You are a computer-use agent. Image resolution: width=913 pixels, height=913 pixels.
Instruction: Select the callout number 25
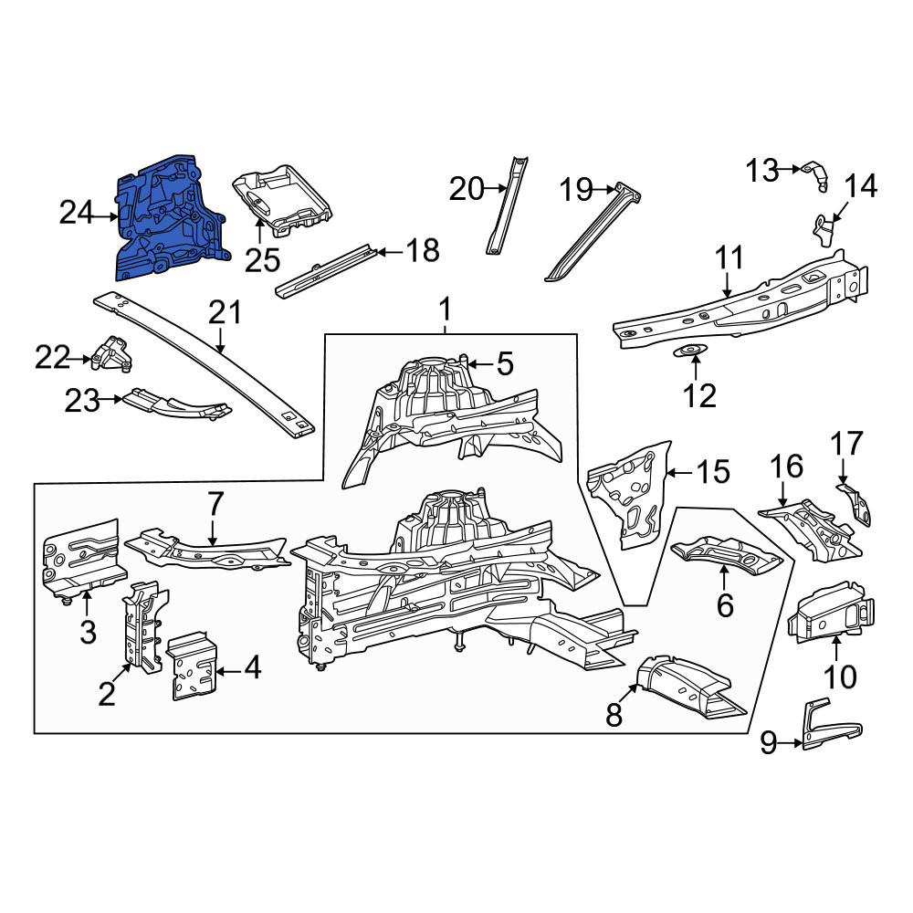262,259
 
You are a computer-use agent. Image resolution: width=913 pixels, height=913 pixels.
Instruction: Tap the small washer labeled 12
690,351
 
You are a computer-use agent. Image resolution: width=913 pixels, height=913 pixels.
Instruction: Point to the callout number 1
445,310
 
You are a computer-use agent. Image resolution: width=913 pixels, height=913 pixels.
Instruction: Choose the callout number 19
576,190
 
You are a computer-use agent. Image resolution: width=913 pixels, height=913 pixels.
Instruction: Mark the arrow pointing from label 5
480,364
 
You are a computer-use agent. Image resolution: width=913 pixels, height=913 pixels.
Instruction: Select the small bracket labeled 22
111,353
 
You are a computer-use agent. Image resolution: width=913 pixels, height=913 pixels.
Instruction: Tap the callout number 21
225,312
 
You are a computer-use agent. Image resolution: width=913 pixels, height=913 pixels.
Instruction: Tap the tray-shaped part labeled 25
283,201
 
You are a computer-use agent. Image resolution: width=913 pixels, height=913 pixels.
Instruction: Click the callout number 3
88,632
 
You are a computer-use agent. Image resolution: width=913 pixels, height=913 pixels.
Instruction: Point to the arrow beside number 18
390,252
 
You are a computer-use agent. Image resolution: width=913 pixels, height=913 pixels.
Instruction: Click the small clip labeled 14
824,229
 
